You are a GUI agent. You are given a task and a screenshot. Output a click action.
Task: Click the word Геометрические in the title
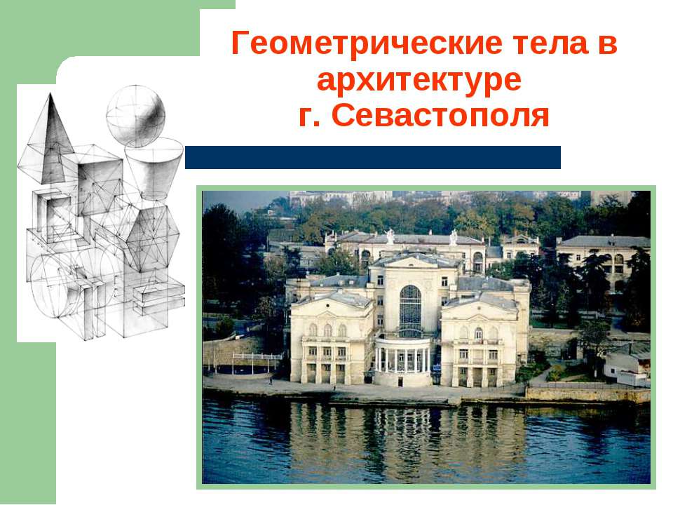click(367, 43)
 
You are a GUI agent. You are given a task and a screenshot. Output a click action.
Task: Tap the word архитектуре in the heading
click(419, 80)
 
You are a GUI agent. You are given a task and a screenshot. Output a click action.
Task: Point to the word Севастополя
click(440, 115)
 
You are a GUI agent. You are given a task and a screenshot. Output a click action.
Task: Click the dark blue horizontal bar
click(372, 157)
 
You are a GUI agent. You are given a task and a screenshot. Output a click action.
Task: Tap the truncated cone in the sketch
click(154, 168)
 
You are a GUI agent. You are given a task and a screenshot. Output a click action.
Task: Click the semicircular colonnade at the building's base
click(402, 361)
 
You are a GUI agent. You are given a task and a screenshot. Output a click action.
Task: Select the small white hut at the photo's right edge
click(627, 369)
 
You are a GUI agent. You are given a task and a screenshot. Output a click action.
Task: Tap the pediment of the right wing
click(480, 302)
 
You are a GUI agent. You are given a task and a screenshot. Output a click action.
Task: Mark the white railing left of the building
click(257, 356)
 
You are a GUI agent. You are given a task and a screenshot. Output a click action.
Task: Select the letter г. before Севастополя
click(309, 116)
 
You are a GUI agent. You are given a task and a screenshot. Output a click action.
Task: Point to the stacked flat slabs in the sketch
click(159, 297)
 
